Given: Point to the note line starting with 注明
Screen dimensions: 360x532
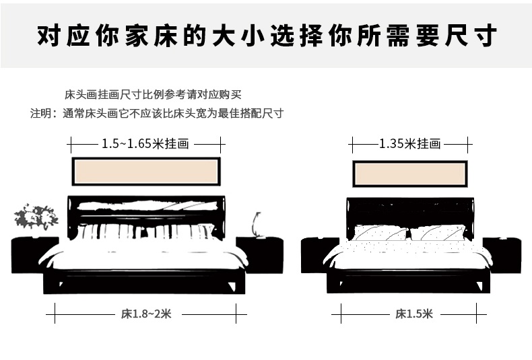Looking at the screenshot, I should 156,113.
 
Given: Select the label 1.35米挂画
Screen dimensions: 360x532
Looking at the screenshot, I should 409,143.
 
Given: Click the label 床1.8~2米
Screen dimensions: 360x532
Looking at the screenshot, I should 146,313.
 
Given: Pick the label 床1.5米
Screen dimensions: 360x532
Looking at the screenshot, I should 414,313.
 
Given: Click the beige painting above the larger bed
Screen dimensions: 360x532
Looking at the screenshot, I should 145,171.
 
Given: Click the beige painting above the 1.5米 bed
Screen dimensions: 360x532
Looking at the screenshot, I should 409,173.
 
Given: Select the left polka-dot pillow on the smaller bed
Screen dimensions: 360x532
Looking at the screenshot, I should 380,233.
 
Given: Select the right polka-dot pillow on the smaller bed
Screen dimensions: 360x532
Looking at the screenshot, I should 438,233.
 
